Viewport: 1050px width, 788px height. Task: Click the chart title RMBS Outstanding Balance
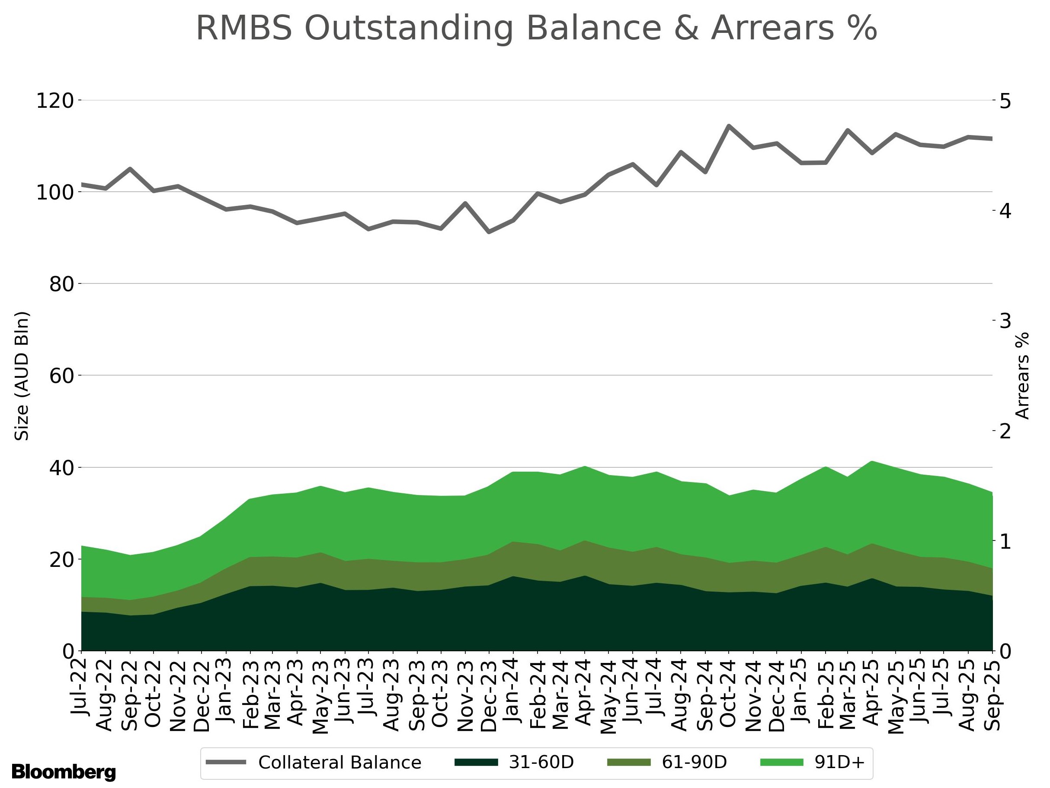536,29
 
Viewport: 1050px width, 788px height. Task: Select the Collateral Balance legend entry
314,762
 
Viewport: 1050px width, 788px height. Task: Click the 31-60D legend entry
515,762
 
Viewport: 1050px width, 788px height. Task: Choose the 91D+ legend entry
813,762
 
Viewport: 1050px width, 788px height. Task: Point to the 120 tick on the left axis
55,101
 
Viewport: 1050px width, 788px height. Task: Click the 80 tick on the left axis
61,284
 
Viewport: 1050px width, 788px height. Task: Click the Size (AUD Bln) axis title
22,376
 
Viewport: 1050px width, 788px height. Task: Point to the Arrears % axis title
1022,376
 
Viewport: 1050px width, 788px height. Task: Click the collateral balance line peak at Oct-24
729,126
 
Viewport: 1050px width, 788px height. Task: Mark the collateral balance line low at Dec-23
489,232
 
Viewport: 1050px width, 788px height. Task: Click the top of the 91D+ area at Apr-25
872,461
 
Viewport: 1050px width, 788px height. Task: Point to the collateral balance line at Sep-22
130,169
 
